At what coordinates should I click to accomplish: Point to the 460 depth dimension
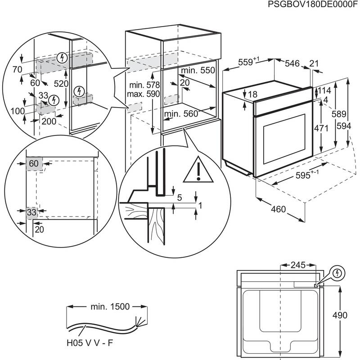tap(278, 209)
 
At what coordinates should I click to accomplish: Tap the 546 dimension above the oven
tap(292, 64)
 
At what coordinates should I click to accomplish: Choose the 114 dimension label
tap(325, 90)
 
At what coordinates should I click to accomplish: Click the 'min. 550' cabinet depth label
tap(198, 71)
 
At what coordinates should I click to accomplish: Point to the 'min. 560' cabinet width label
tap(181, 114)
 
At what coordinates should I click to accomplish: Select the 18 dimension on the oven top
tap(252, 95)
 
